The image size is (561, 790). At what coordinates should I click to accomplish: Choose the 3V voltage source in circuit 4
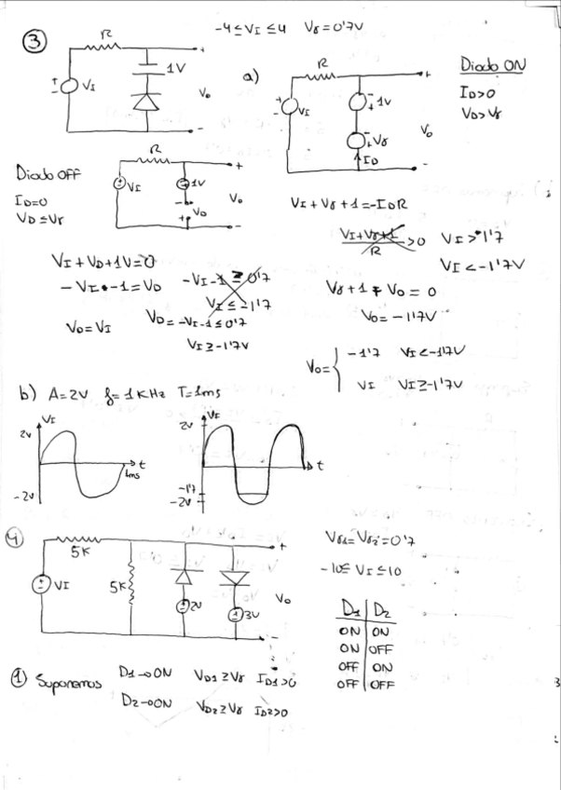239,615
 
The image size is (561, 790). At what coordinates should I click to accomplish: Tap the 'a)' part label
251,75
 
